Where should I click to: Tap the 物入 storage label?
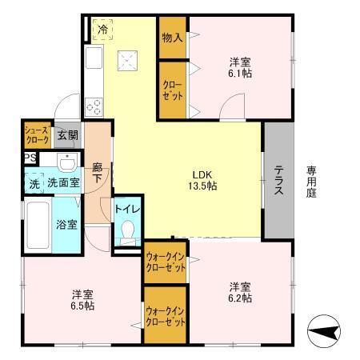[x=172, y=38]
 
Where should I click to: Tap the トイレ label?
[x=128, y=209]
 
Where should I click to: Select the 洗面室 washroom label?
[x=63, y=182]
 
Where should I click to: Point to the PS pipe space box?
[x=29, y=158]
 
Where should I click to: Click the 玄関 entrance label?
[x=68, y=135]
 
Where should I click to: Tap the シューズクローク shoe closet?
[x=37, y=135]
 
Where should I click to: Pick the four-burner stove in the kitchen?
[x=93, y=106]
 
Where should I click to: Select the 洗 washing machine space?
[x=34, y=183]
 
